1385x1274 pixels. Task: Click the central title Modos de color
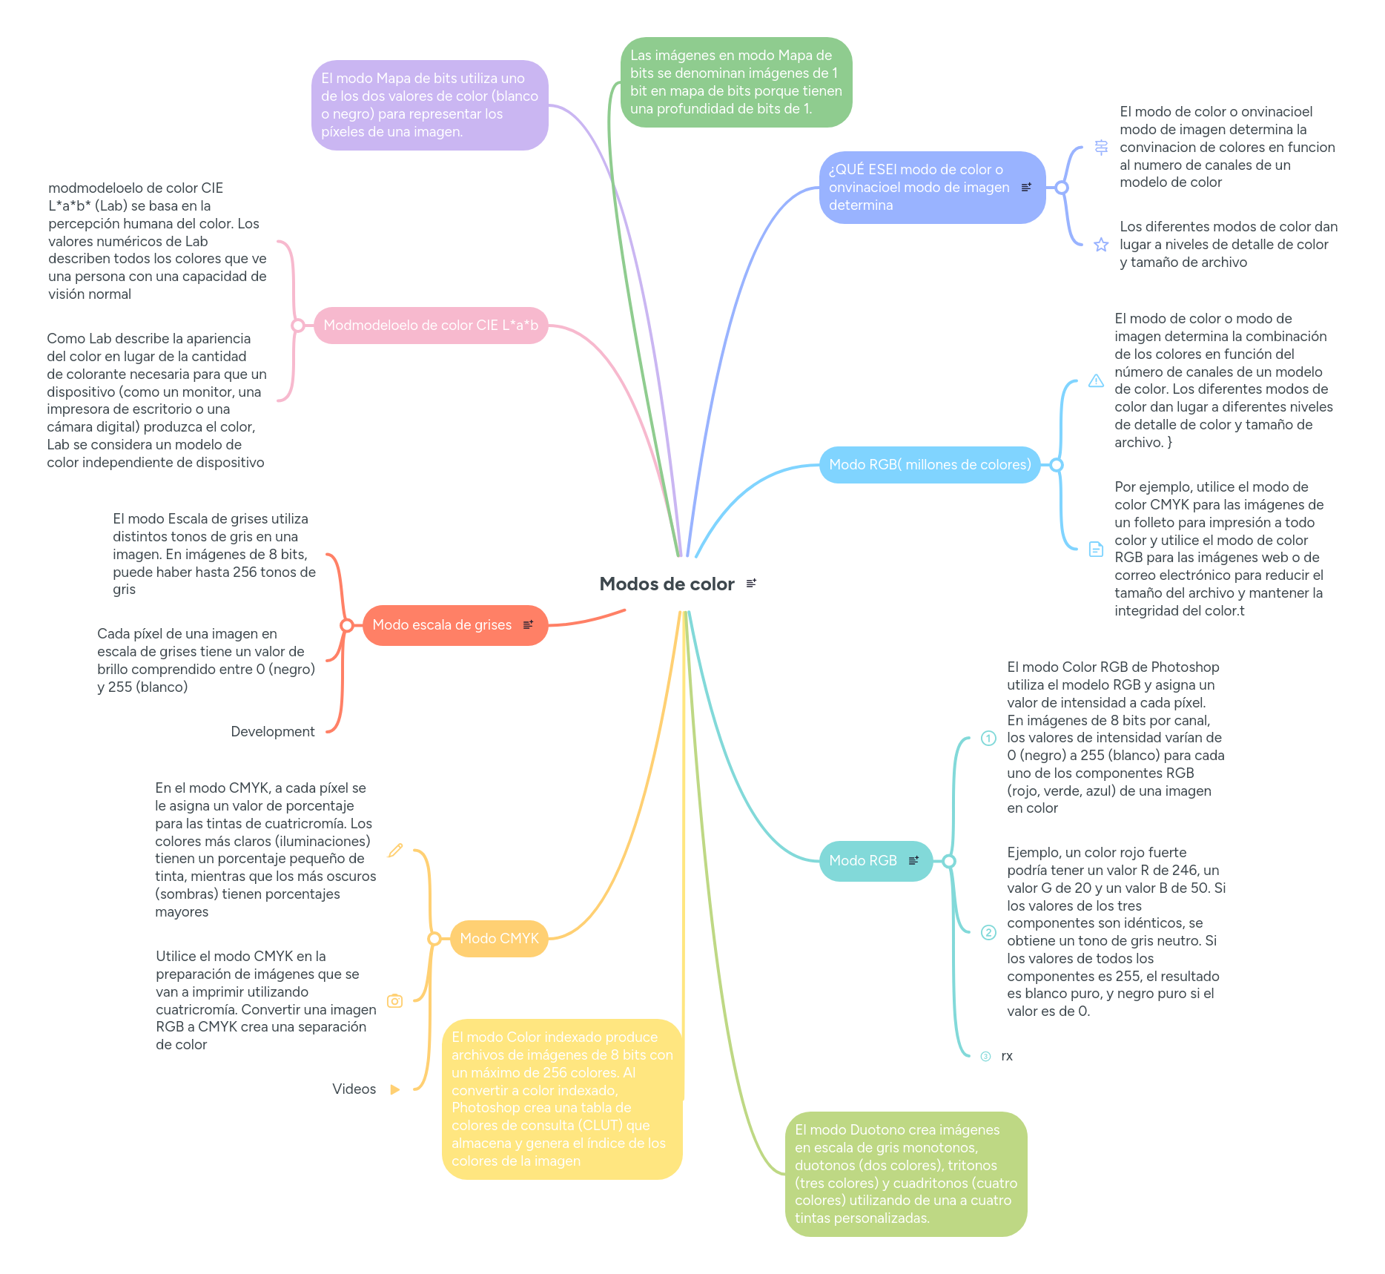tap(666, 584)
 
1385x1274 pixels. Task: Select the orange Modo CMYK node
tap(499, 939)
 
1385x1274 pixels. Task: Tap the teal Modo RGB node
tap(863, 861)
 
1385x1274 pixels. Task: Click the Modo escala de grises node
tap(442, 625)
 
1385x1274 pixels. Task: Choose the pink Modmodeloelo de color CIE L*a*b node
tap(431, 326)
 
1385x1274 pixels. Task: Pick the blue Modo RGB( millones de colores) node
tap(930, 465)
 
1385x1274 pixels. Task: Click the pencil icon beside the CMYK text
tap(395, 851)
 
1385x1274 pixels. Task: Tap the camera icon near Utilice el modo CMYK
tap(395, 1001)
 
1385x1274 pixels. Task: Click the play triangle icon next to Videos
tap(395, 1089)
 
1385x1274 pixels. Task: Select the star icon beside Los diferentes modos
tap(1101, 245)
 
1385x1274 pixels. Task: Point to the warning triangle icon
tap(1096, 381)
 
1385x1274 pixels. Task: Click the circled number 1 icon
tap(988, 738)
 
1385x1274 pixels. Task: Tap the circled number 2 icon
tap(988, 932)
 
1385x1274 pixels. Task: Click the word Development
tap(273, 732)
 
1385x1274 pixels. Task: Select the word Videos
tap(354, 1089)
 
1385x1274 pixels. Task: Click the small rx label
tap(1007, 1056)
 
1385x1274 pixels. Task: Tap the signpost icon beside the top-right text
tap(1101, 148)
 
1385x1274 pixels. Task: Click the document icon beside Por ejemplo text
tap(1096, 549)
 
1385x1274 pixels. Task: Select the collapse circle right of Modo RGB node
tap(949, 861)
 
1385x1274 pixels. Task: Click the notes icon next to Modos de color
tap(751, 584)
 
